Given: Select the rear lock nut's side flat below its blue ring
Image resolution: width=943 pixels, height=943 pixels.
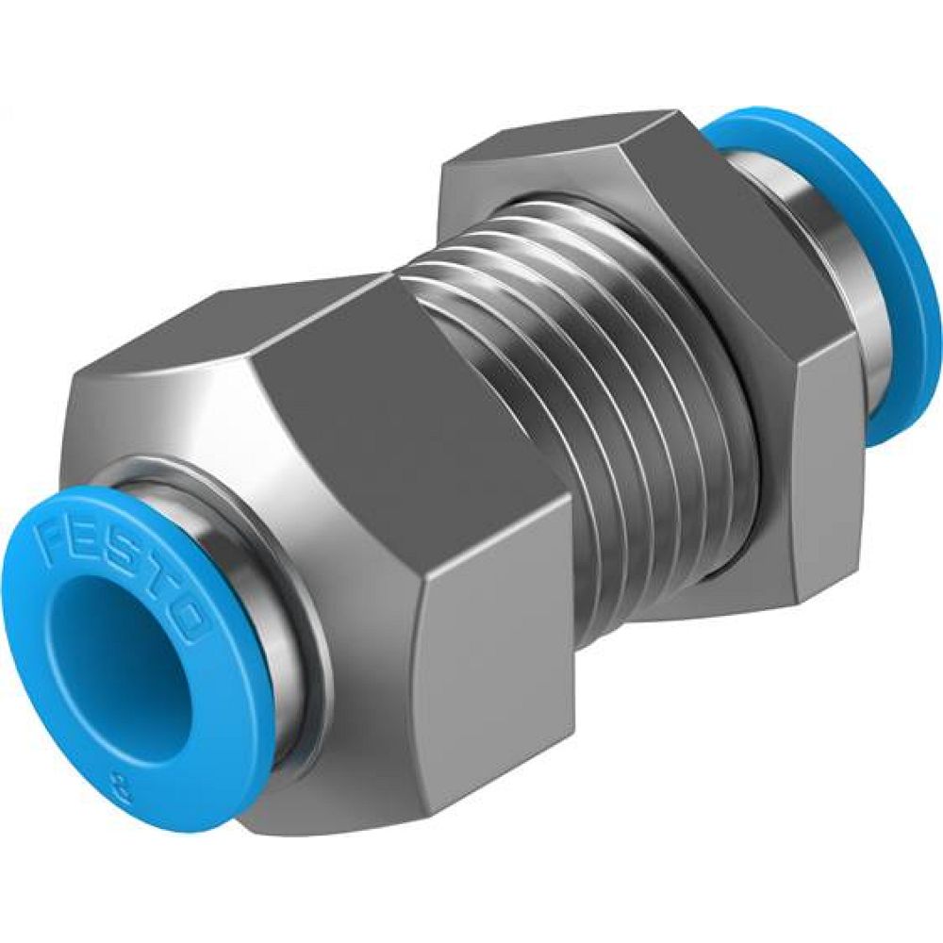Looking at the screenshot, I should [820, 490].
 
